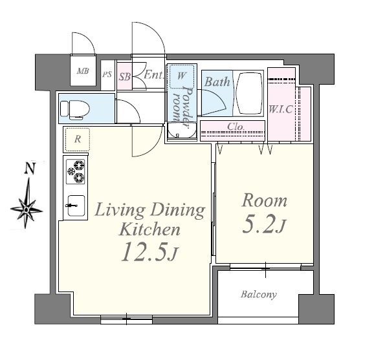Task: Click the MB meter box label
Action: coord(83,71)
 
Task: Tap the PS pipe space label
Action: coord(107,74)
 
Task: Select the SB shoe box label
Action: coord(125,77)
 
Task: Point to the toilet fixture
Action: coord(75,109)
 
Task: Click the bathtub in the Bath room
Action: coord(248,94)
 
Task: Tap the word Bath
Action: coord(217,81)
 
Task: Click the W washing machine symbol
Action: coord(182,76)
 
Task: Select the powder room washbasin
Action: coord(182,131)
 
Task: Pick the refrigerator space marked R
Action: coord(78,140)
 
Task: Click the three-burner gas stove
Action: coord(76,171)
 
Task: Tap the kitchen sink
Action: coord(76,206)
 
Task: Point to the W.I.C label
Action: coord(281,109)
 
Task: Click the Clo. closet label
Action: coord(236,127)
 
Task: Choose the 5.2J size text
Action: coord(264,224)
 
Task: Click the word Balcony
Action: coord(259,295)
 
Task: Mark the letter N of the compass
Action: coord(30,168)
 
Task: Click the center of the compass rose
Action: coord(27,210)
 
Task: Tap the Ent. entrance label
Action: coord(154,75)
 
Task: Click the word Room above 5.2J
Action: coord(264,200)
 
